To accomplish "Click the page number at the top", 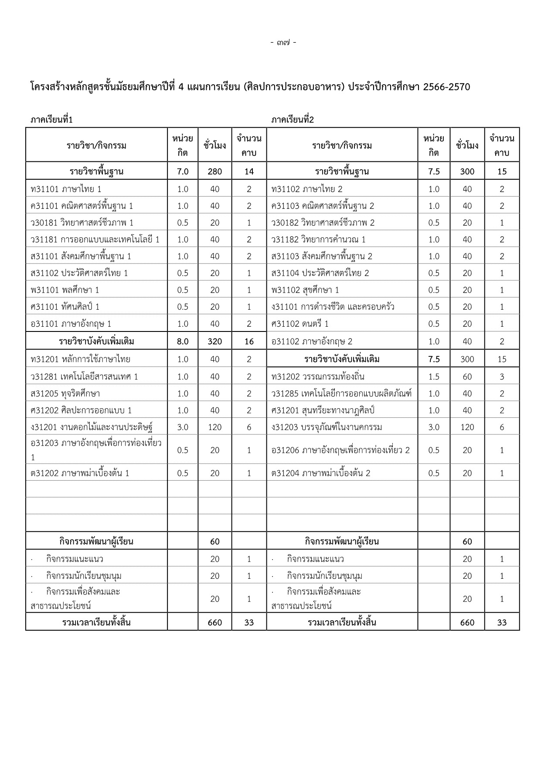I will (x=283, y=43).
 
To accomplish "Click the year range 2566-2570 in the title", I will (x=446, y=87).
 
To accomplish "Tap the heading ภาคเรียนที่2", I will (x=293, y=120).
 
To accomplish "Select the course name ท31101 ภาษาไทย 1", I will (x=66, y=189).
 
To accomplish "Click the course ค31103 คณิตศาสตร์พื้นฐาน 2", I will (x=323, y=206).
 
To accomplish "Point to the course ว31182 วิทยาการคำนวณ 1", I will (x=318, y=239).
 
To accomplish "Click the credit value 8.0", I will (x=183, y=342).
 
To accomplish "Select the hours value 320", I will (x=215, y=342).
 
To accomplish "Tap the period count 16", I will (x=249, y=342).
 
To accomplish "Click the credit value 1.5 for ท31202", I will (x=434, y=377).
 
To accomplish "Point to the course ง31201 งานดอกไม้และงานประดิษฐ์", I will (x=92, y=427).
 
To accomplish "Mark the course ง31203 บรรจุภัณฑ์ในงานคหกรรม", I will (x=327, y=427).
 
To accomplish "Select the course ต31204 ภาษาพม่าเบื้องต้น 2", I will (x=320, y=473).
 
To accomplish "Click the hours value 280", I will (x=215, y=171).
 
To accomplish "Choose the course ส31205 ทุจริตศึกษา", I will (x=65, y=393).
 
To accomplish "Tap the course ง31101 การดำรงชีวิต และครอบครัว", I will (x=333, y=307).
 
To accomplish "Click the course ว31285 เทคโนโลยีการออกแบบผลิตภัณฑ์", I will (x=341, y=393).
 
